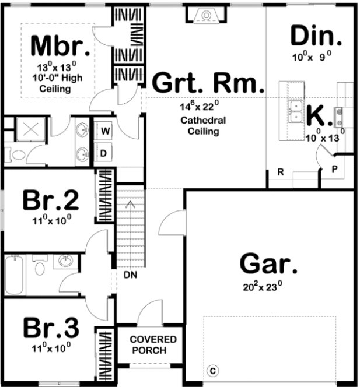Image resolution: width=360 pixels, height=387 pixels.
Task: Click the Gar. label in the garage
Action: click(268, 265)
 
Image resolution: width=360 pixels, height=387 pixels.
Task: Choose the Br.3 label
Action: click(51, 328)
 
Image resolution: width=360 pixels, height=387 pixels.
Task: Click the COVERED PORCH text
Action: click(149, 344)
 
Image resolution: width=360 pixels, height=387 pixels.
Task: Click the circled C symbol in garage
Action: click(213, 371)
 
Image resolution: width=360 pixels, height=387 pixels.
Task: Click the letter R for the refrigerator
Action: click(280, 172)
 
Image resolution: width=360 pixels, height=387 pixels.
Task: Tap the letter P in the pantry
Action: click(334, 170)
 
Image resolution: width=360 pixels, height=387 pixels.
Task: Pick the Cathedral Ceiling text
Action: click(203, 126)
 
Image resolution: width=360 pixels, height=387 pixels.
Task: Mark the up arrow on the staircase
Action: click(131, 204)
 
